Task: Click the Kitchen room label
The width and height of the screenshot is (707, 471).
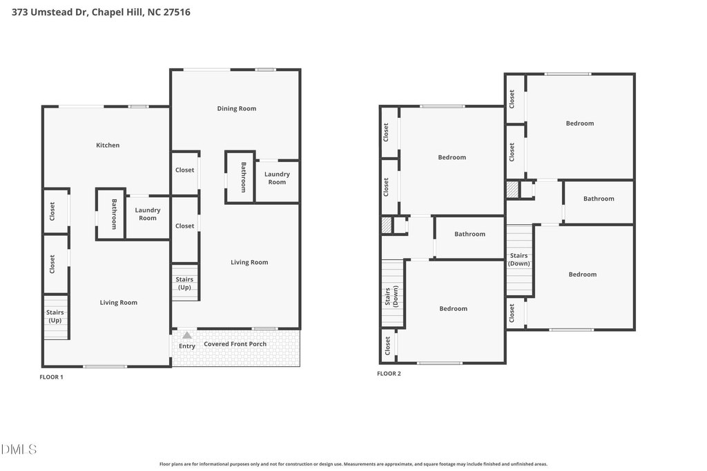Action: coord(108,145)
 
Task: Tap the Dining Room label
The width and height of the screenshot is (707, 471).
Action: coord(237,108)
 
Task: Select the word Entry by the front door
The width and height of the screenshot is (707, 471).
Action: coord(187,345)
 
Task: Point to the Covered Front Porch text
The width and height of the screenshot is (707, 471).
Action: coord(235,344)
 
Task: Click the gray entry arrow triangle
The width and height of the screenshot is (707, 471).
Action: coord(186,335)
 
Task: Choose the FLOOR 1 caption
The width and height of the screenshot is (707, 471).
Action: coord(51,377)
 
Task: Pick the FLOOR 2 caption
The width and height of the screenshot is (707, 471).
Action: coord(389,373)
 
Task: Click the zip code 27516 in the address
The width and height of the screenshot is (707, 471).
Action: coord(177,12)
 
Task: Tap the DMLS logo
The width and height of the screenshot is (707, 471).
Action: coord(19,449)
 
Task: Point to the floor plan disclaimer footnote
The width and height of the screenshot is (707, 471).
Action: coord(353,464)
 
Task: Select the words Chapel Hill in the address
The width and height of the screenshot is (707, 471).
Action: coord(117,12)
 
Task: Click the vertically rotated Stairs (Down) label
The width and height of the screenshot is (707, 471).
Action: coord(391,296)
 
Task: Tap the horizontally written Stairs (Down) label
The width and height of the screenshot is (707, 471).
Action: coord(519,259)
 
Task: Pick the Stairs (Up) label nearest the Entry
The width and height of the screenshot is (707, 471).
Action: coord(184,283)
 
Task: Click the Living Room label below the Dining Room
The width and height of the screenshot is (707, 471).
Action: coord(249,262)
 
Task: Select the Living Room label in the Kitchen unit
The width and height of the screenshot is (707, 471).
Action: coord(119,303)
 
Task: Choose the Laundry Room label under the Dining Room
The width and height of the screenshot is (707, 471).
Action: coord(277,178)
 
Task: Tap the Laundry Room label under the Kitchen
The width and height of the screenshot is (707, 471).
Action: coord(148,214)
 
